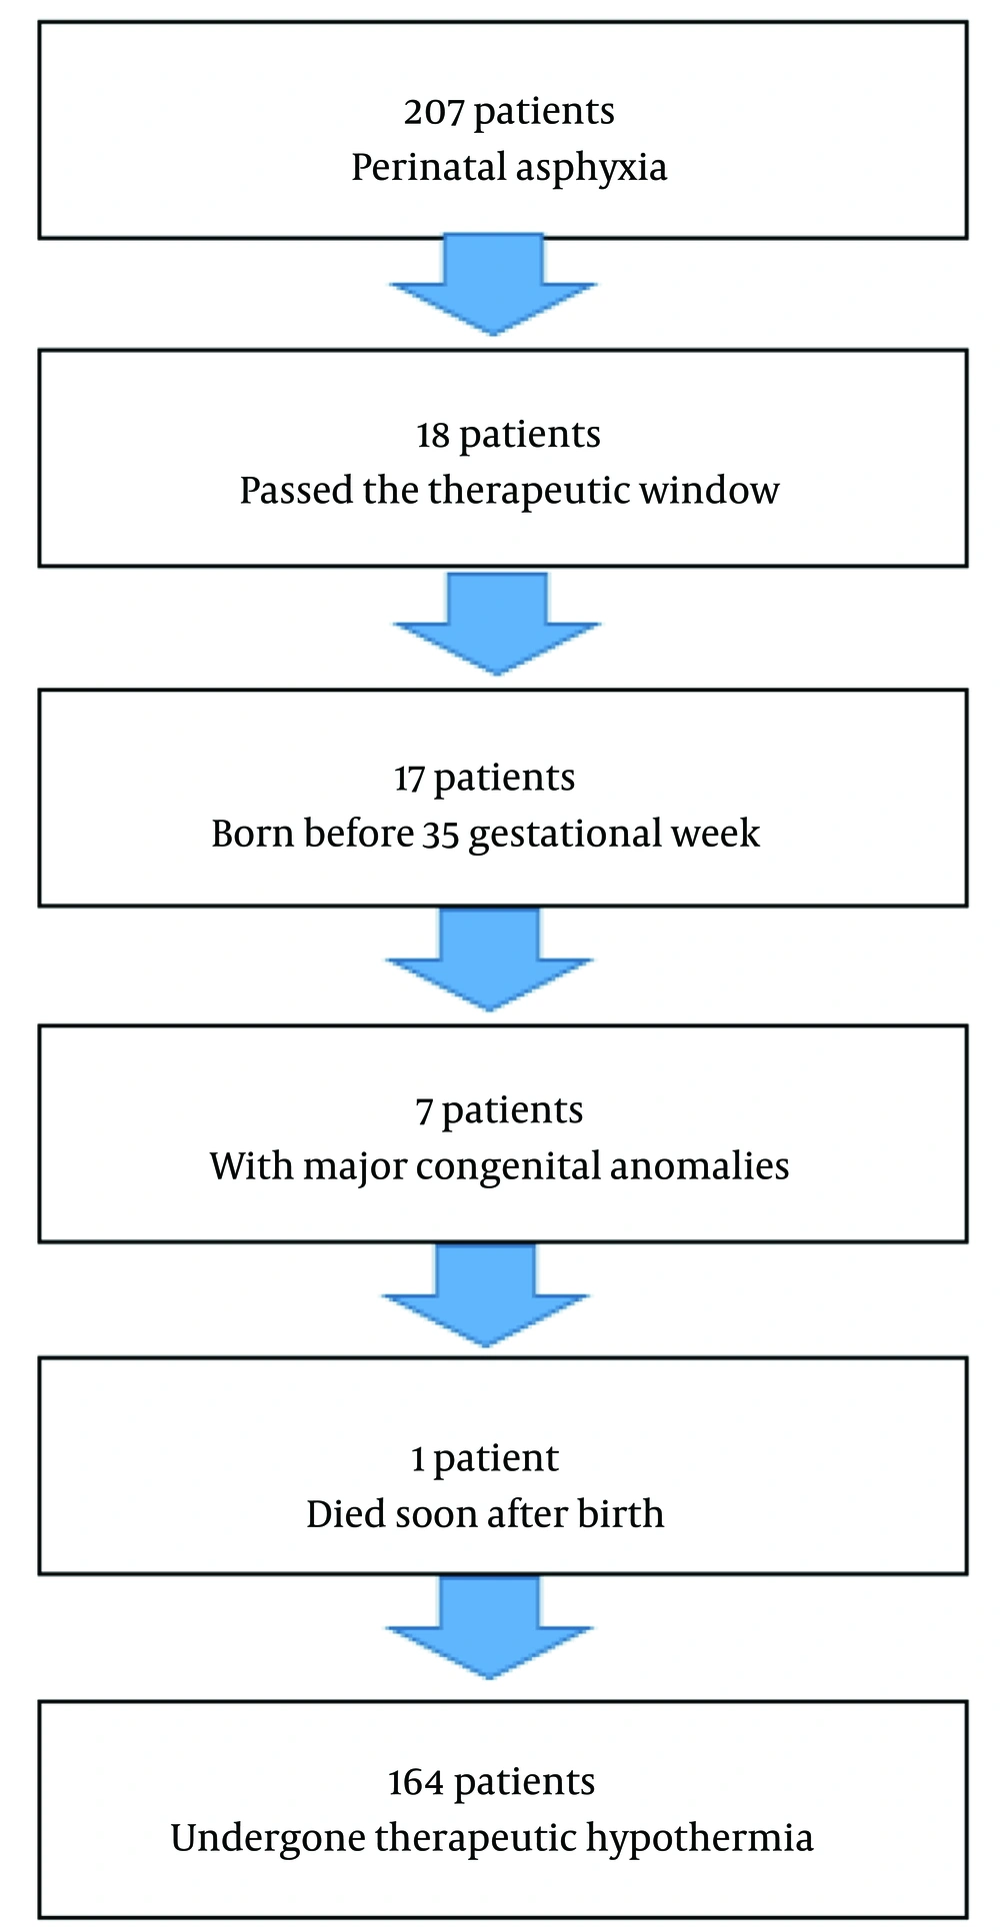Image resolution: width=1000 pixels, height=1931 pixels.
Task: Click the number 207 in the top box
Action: (434, 111)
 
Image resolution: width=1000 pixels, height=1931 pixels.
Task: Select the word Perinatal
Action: (429, 166)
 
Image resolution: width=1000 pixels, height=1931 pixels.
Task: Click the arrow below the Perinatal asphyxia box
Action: (493, 285)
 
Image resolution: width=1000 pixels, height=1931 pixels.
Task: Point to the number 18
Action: (432, 435)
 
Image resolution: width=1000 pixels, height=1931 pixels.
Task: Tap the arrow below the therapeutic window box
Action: (497, 624)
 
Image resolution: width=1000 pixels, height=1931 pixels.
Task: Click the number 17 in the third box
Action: (409, 778)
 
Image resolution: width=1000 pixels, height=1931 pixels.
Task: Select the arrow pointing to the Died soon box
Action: (486, 1295)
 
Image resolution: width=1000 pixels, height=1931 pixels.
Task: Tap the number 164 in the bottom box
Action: (416, 1782)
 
